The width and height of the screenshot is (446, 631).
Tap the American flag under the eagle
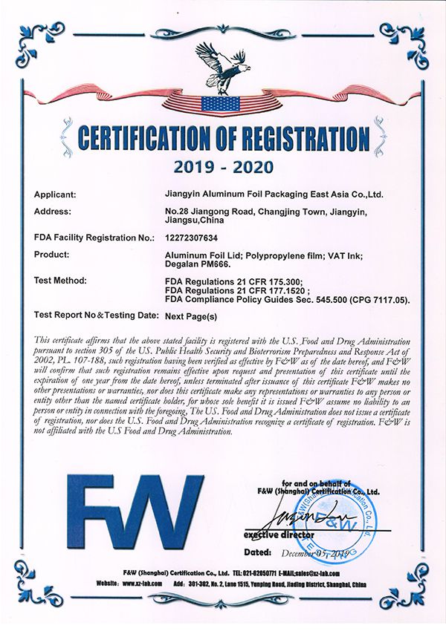pyautogui.click(x=222, y=104)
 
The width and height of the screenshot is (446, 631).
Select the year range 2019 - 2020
pyautogui.click(x=223, y=164)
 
